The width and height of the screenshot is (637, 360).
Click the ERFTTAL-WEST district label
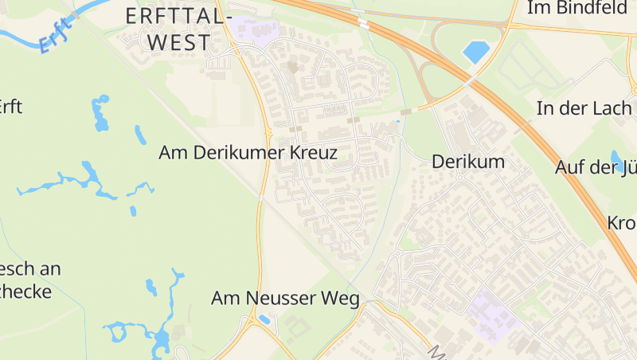click(x=178, y=29)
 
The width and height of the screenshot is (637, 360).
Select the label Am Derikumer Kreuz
click(x=248, y=152)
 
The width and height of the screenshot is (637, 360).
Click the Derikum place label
click(x=468, y=162)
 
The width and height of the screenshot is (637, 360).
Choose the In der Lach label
click(x=584, y=108)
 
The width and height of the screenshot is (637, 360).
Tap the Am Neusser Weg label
click(x=285, y=298)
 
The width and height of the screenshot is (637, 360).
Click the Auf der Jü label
click(x=596, y=166)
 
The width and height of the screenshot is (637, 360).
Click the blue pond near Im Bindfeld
click(x=476, y=52)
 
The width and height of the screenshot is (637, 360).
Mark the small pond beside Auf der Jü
click(x=617, y=160)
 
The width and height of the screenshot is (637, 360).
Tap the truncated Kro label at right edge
click(x=621, y=222)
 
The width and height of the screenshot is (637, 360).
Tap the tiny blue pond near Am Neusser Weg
click(x=264, y=319)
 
